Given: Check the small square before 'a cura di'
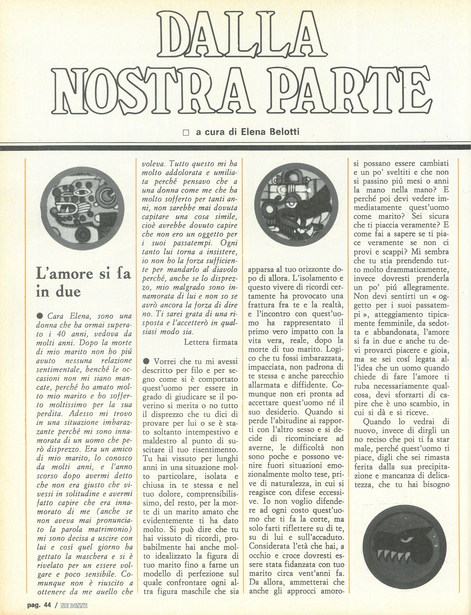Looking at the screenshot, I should tap(185, 132).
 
